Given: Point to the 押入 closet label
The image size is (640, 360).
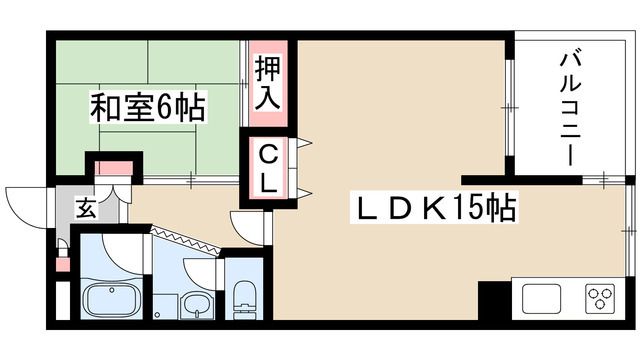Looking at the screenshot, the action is (x=268, y=84).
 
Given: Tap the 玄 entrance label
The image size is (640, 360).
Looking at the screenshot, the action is (x=86, y=210).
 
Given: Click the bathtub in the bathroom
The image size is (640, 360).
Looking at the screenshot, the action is (x=110, y=301).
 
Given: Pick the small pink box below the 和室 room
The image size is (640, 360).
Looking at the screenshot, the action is (x=111, y=169).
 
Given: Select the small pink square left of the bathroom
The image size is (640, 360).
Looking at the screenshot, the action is (x=63, y=266).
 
